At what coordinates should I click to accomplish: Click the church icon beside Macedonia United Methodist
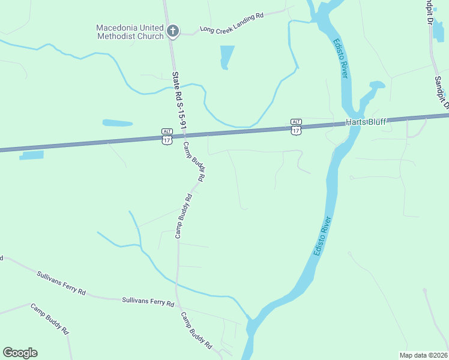coord(173,31)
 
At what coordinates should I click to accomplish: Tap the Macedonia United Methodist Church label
coord(130,32)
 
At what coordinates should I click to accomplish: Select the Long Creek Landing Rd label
coord(232,23)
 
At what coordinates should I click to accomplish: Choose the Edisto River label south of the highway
coord(323,236)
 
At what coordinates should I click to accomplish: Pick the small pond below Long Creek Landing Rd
coord(226,57)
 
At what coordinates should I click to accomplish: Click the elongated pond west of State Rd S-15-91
coord(117,123)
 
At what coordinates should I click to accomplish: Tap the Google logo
coord(20,353)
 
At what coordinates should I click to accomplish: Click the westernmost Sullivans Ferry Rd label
coord(61,283)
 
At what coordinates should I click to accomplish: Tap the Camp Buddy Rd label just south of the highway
coord(194,161)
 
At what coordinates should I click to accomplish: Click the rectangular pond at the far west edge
coord(32,155)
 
